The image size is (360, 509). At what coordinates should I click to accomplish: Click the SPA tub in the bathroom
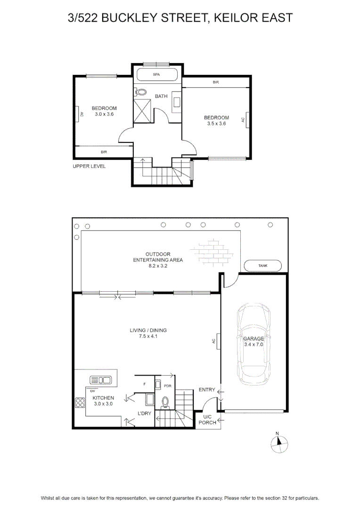pyautogui.click(x=157, y=74)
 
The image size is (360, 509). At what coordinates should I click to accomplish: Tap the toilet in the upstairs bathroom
pyautogui.click(x=140, y=92)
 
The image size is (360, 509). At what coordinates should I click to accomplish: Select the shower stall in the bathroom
pyautogui.click(x=142, y=111)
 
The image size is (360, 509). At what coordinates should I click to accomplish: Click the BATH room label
pyautogui.click(x=161, y=96)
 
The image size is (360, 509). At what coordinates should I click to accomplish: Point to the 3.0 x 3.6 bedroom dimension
pyautogui.click(x=104, y=114)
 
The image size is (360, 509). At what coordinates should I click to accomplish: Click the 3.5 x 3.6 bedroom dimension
pyautogui.click(x=217, y=123)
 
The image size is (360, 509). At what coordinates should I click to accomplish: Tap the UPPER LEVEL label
pyautogui.click(x=89, y=166)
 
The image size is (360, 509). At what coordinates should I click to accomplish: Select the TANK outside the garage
pyautogui.click(x=262, y=265)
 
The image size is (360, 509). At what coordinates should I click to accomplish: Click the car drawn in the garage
pyautogui.click(x=254, y=345)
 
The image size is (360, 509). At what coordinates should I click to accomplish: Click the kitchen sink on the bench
pyautogui.click(x=101, y=380)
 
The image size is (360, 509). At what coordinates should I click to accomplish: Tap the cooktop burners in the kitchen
pyautogui.click(x=80, y=403)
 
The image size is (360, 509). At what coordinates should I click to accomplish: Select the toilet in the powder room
pyautogui.click(x=165, y=402)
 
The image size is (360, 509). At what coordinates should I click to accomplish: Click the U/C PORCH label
pyautogui.click(x=207, y=419)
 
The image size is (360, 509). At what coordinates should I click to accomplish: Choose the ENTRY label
pyautogui.click(x=207, y=390)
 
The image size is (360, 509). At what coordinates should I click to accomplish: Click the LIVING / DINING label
pyautogui.click(x=148, y=330)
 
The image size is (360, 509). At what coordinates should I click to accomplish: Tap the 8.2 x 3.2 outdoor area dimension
pyautogui.click(x=158, y=266)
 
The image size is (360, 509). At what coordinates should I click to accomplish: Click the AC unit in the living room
pyautogui.click(x=219, y=341)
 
